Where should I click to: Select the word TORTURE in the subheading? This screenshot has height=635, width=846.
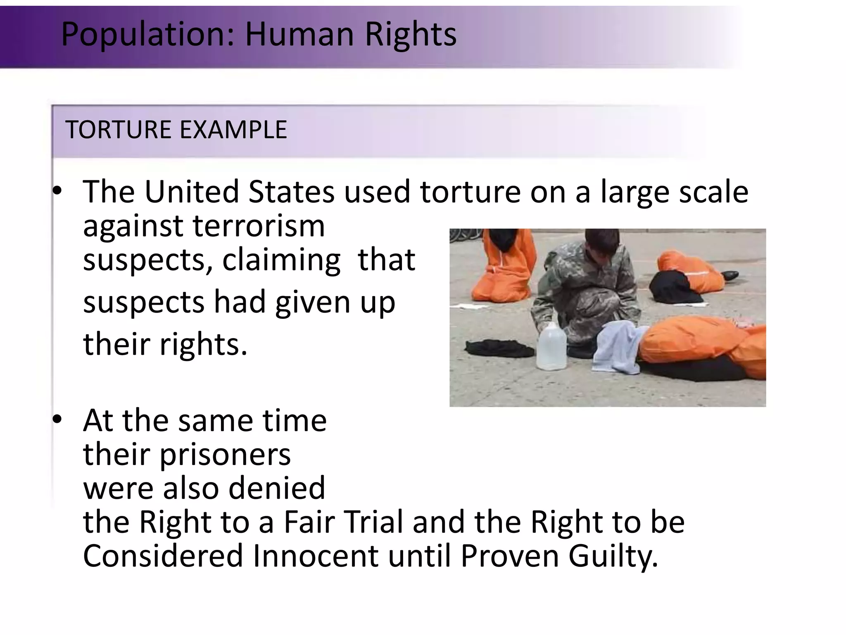[118, 130]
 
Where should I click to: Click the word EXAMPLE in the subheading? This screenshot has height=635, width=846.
[233, 130]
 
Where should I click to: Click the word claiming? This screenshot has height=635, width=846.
[281, 260]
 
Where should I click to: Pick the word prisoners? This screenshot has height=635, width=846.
[225, 455]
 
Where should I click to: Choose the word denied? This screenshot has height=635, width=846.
[277, 488]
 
